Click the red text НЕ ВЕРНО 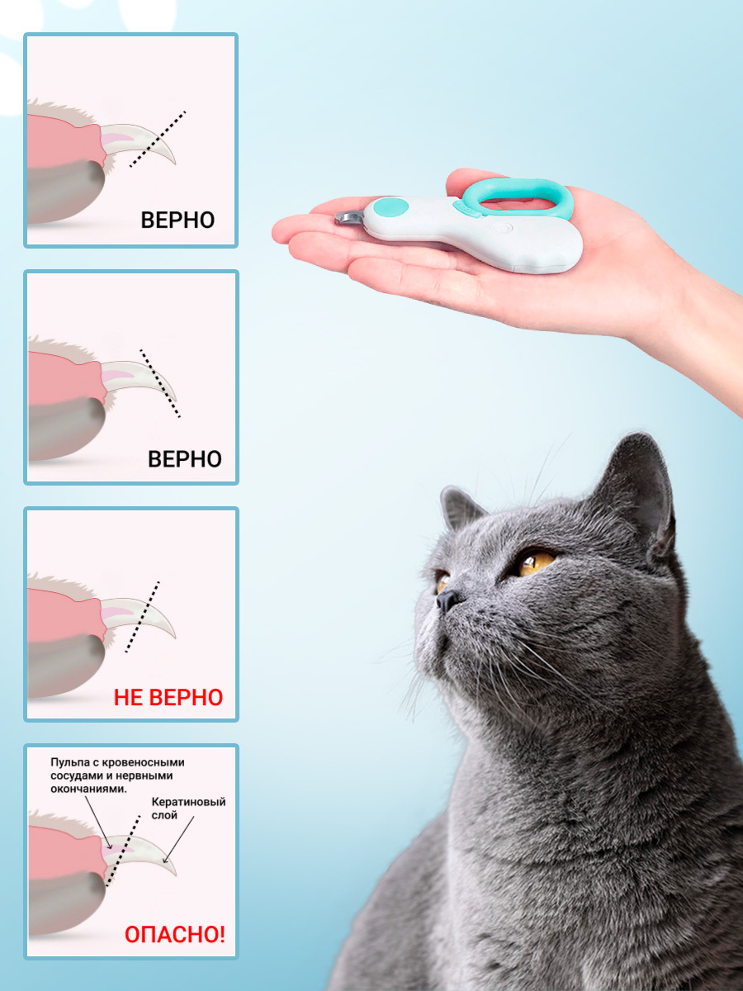point(168,697)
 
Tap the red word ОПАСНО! point(174,934)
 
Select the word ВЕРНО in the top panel point(177,220)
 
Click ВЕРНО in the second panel point(185,458)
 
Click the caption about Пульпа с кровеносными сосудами point(117,775)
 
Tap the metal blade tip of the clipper point(348,218)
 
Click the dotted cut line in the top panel point(158,139)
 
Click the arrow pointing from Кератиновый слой point(178,840)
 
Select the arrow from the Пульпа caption point(98,823)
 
